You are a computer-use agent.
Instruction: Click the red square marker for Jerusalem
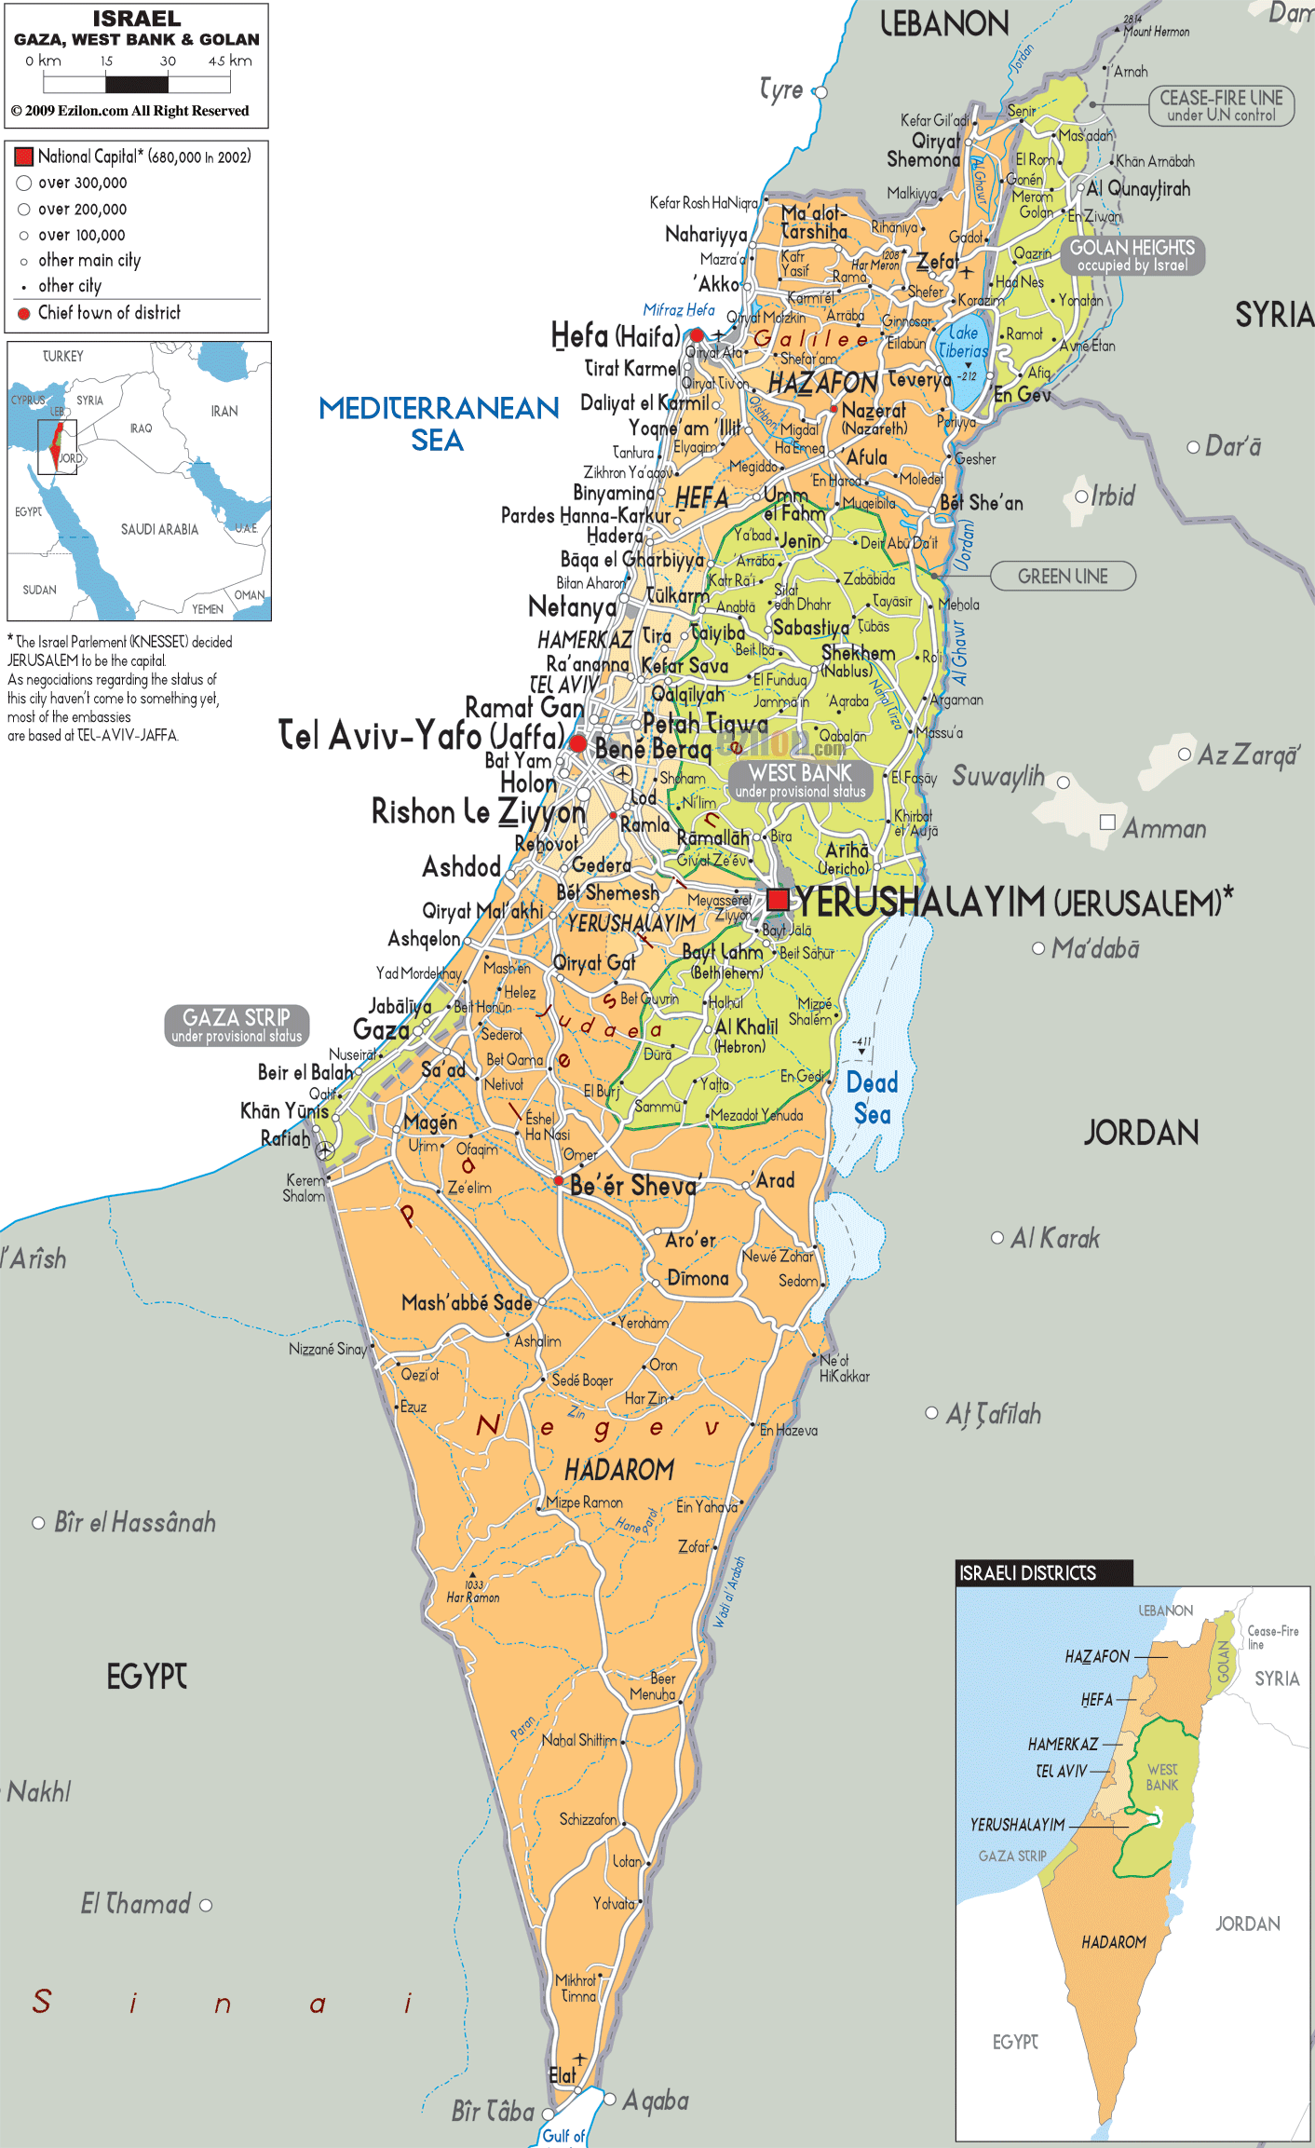click(x=778, y=899)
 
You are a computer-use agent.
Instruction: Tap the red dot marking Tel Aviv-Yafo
click(x=577, y=742)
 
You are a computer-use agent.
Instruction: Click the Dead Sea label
click(x=872, y=1098)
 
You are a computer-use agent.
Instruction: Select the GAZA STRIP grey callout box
click(x=237, y=1025)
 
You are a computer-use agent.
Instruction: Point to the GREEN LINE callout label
click(x=1063, y=576)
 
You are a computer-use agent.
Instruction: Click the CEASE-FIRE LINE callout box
click(x=1221, y=105)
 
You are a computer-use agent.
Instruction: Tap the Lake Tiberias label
click(x=963, y=342)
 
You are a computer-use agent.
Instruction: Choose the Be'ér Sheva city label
click(x=633, y=1186)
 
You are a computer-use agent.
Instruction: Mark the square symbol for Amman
click(x=1107, y=822)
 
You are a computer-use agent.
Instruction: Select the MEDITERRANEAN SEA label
click(x=438, y=423)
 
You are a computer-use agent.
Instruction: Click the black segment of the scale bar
click(x=137, y=85)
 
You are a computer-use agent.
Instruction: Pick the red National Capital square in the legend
click(x=24, y=156)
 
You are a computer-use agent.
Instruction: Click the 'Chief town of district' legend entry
click(x=109, y=313)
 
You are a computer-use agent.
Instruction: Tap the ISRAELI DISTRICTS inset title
click(x=1028, y=1572)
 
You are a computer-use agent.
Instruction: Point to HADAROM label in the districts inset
click(x=1114, y=1942)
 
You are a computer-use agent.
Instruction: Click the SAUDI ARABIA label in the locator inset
click(x=159, y=529)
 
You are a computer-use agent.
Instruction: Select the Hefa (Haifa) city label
click(x=616, y=335)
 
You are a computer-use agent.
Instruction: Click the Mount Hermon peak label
click(x=1156, y=32)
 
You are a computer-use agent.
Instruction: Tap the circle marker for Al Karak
click(x=996, y=1238)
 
